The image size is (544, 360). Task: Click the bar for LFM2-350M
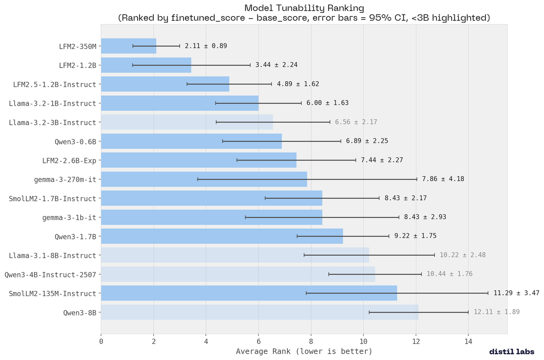tap(128, 46)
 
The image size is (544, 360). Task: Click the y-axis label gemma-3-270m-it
tap(65, 180)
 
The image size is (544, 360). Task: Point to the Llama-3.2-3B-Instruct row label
tap(53, 122)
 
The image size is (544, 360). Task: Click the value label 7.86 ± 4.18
tap(442, 179)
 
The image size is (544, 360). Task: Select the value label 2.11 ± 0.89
tap(206, 46)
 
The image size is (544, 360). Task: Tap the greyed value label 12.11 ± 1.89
tap(496, 312)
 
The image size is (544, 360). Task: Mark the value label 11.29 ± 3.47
tap(516, 293)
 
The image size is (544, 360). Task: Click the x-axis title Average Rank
tap(304, 351)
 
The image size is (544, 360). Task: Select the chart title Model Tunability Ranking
tap(304, 8)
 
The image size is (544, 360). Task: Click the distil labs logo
tap(512, 351)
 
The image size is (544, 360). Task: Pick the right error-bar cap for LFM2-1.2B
tap(250, 65)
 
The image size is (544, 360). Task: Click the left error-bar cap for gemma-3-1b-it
tap(245, 217)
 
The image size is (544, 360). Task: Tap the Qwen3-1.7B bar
tap(222, 236)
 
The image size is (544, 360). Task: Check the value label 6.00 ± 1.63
tap(327, 103)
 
